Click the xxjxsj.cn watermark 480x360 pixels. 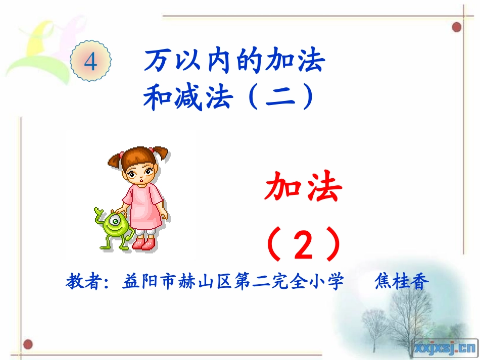coord(445,347)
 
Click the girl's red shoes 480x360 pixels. coord(143,244)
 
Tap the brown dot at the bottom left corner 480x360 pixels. coord(28,345)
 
